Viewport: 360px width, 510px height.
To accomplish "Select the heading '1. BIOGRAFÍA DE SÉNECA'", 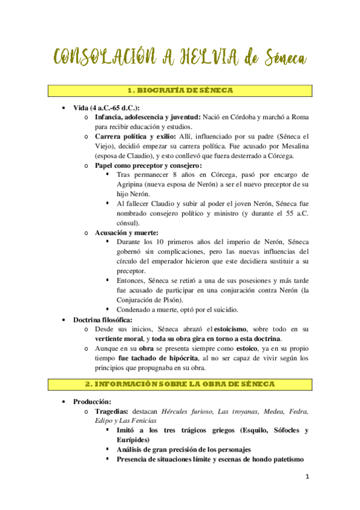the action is tap(180, 90).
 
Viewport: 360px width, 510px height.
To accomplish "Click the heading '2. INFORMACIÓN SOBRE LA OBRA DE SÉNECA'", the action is tap(180, 384).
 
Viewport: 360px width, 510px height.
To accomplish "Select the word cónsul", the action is tap(129, 223).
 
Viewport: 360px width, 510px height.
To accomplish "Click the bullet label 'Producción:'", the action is tap(94, 401).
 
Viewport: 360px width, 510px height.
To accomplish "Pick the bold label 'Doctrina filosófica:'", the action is tap(103, 319).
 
